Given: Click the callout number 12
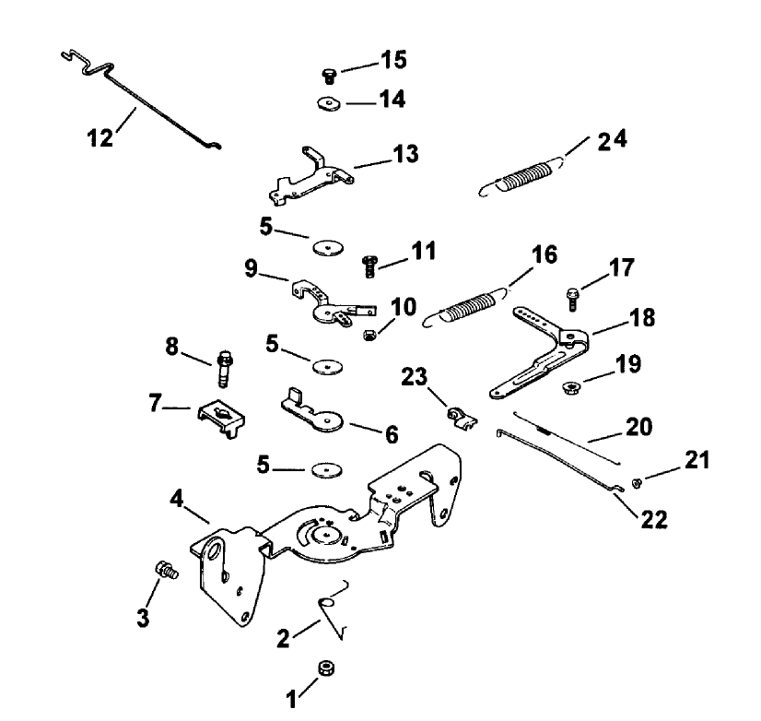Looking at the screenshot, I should pyautogui.click(x=100, y=137).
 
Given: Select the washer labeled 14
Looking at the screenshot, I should pyautogui.click(x=328, y=103).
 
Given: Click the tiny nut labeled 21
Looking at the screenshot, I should pyautogui.click(x=636, y=481).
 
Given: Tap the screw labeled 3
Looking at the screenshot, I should pyautogui.click(x=166, y=571).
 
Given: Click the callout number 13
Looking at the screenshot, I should pyautogui.click(x=405, y=153).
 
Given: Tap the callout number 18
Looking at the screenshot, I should pyautogui.click(x=642, y=318).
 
